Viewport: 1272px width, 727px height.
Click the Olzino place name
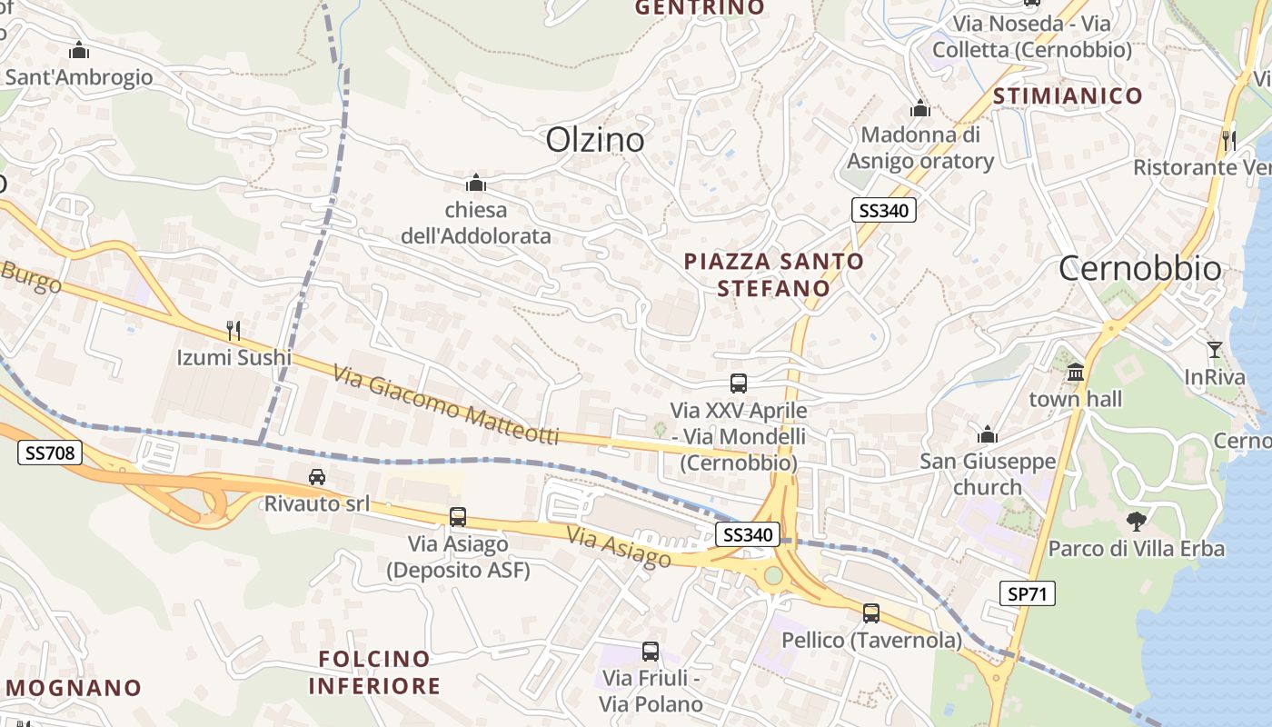(x=595, y=140)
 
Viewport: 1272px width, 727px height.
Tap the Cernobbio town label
(x=1140, y=269)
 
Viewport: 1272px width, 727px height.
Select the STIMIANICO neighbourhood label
(x=1068, y=96)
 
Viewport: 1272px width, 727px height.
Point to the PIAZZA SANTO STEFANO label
(x=773, y=274)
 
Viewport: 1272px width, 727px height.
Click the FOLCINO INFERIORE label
(x=374, y=672)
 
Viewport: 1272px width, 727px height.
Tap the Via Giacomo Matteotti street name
(x=445, y=405)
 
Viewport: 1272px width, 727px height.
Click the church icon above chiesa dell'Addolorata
(x=475, y=184)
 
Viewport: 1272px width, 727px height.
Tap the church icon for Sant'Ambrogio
(x=79, y=50)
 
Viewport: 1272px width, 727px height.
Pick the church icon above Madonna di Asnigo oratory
(x=920, y=109)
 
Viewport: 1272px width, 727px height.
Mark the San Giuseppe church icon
(x=988, y=434)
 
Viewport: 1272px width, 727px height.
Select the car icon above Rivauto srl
(x=316, y=477)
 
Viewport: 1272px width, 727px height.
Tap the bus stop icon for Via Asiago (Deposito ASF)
(x=458, y=517)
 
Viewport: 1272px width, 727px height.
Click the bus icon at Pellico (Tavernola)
(x=871, y=613)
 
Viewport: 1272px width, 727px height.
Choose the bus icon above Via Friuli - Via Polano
(x=651, y=651)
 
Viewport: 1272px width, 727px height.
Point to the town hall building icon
(x=1076, y=372)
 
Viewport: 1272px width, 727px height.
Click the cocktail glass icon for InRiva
(x=1214, y=349)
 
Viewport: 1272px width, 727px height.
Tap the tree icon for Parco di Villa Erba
(x=1136, y=522)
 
